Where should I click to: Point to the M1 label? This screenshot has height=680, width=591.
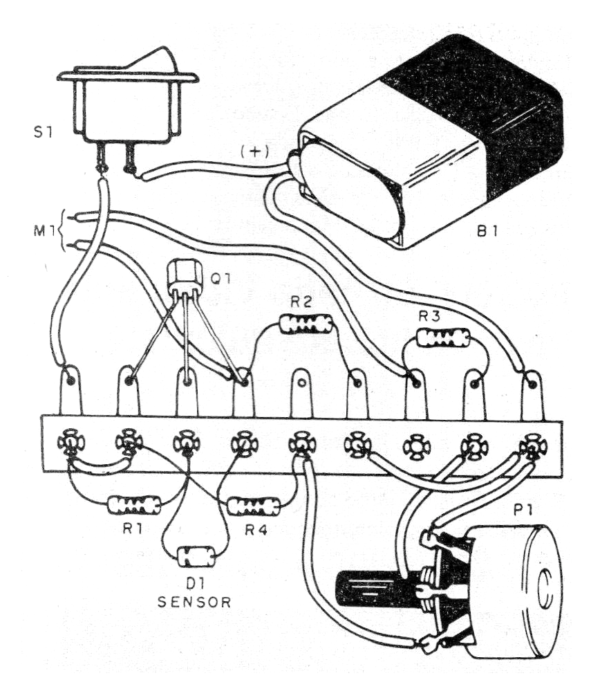pyautogui.click(x=46, y=228)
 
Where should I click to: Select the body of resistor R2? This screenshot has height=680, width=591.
pyautogui.click(x=305, y=323)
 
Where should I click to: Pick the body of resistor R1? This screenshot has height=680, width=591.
pyautogui.click(x=135, y=504)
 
